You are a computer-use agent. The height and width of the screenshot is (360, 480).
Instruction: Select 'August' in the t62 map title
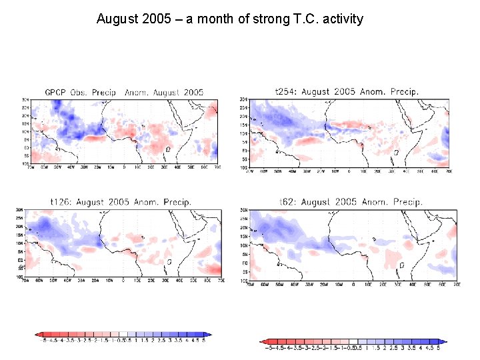(317, 201)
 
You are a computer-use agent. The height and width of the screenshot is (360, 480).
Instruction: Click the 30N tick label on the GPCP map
(25, 100)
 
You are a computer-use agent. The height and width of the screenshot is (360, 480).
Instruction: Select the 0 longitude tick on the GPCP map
(124, 166)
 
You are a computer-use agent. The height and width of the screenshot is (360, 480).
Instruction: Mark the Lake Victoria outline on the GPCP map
(168, 149)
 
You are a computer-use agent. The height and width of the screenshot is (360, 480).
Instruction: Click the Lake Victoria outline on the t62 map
(401, 265)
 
